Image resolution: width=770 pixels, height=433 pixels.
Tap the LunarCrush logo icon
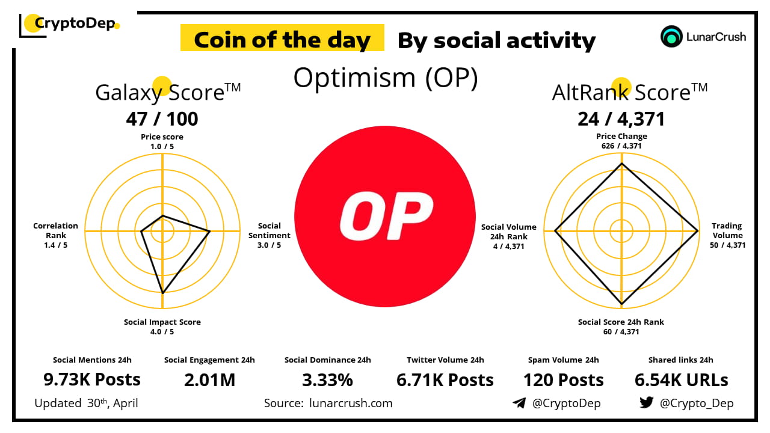click(x=671, y=37)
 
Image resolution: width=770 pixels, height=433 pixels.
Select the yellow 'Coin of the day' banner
click(x=282, y=40)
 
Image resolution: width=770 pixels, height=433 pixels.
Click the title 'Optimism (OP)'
click(x=385, y=78)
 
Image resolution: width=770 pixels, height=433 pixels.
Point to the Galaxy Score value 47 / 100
click(x=162, y=119)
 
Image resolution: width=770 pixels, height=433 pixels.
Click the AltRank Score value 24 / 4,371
click(x=621, y=119)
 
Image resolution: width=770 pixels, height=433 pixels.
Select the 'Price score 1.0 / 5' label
click(x=162, y=141)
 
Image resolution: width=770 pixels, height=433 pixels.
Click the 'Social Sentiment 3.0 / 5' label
click(x=269, y=235)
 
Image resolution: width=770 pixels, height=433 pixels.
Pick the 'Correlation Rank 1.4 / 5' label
click(x=55, y=235)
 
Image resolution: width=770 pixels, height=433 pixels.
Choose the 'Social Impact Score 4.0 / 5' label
click(x=162, y=327)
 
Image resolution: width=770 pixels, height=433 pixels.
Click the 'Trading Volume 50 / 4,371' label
click(x=727, y=236)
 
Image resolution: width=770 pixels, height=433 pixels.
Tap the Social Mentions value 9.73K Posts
click(x=92, y=380)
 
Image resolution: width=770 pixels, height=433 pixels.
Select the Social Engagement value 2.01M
click(x=209, y=380)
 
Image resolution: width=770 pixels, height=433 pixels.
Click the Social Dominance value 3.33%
click(x=327, y=380)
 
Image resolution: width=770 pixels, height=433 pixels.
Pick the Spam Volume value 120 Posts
click(x=563, y=380)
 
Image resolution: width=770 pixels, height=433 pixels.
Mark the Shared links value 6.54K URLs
click(x=681, y=380)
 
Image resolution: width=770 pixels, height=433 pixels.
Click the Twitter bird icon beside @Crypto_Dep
click(x=646, y=403)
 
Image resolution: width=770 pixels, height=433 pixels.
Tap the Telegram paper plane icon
click(x=519, y=403)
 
